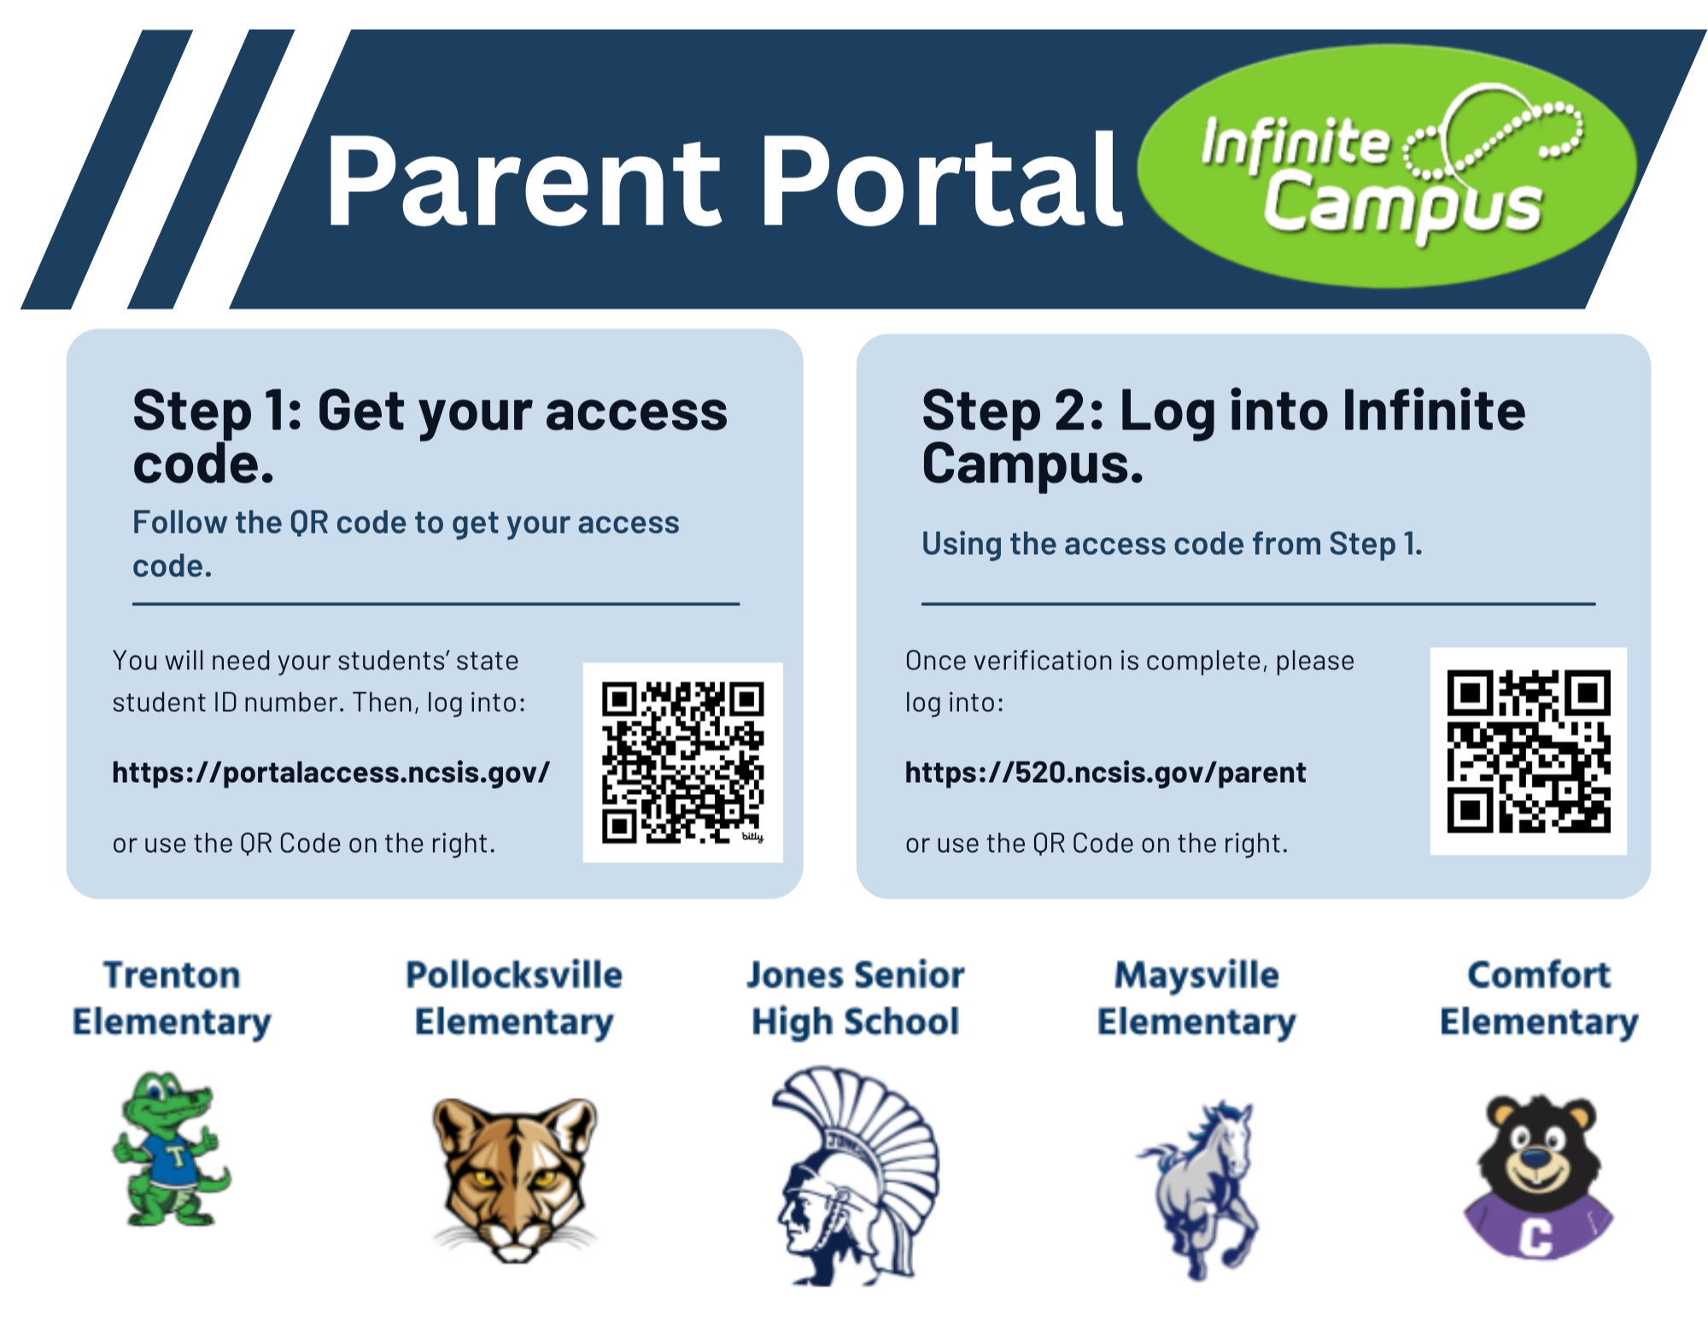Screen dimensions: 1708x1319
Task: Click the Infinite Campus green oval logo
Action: [1387, 166]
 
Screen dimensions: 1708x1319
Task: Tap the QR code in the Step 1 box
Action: [682, 762]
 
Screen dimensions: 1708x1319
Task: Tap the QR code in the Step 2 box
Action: [1528, 751]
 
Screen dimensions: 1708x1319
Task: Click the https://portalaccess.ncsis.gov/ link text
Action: [331, 773]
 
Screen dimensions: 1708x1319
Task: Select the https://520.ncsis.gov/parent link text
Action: [1105, 773]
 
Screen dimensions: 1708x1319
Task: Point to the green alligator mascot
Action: [171, 1148]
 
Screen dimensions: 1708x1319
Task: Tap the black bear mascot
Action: [1537, 1176]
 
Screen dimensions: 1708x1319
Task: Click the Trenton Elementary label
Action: [172, 998]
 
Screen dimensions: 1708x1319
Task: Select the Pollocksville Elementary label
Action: [514, 998]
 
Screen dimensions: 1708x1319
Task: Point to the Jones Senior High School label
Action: [856, 998]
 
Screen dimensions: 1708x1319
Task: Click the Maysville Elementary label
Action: [1196, 998]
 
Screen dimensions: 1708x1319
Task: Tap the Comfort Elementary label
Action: [1539, 998]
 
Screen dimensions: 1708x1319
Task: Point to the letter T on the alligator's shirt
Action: [177, 1157]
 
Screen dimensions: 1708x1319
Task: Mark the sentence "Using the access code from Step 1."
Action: [1172, 544]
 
